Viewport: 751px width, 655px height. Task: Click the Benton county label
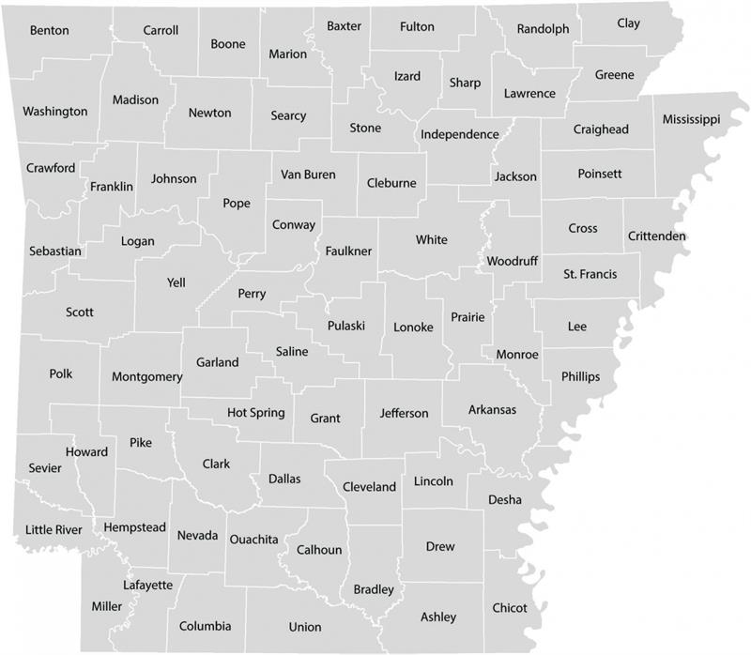pos(49,31)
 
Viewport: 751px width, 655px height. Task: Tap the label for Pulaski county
pos(345,326)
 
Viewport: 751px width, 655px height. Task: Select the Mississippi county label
pos(690,120)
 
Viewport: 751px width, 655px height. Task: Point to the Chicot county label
pos(510,608)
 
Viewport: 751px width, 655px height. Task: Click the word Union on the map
pos(305,627)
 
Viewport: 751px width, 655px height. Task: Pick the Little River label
pos(54,530)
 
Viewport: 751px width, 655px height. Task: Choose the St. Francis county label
pos(589,275)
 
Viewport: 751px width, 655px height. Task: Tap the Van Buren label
pos(307,175)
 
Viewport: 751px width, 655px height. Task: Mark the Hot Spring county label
pos(256,413)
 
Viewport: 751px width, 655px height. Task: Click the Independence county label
pos(459,134)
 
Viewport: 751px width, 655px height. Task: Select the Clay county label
pos(628,23)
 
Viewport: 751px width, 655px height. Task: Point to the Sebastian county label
pos(54,251)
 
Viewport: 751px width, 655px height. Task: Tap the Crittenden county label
pos(656,236)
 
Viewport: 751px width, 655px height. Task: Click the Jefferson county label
pos(404,414)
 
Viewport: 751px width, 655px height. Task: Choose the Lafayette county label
pos(147,585)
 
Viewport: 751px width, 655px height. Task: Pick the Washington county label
pos(54,112)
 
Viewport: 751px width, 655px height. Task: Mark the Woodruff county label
pos(513,261)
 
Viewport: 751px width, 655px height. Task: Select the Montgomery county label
pos(146,377)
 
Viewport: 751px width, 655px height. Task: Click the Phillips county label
pos(580,377)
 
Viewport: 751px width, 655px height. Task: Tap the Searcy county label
pos(288,116)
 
